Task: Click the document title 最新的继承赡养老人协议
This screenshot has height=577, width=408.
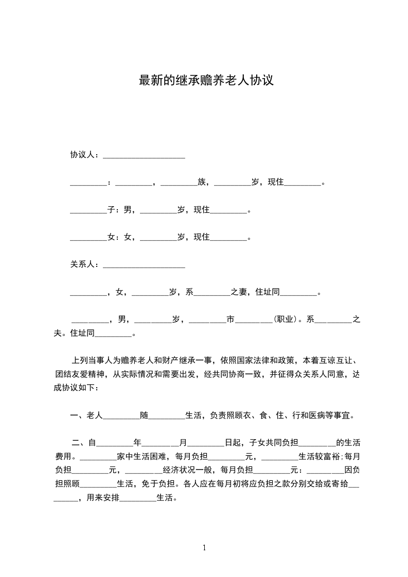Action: (x=205, y=81)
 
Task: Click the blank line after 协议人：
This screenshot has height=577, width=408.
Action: (x=144, y=155)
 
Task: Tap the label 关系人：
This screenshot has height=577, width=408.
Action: (x=86, y=265)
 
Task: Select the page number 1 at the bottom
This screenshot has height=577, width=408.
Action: (x=205, y=547)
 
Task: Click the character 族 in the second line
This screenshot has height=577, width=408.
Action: (x=202, y=182)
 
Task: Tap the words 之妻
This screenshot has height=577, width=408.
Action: (x=239, y=292)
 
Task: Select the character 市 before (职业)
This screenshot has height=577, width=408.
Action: (x=230, y=319)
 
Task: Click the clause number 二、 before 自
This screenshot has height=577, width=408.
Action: (x=79, y=442)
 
